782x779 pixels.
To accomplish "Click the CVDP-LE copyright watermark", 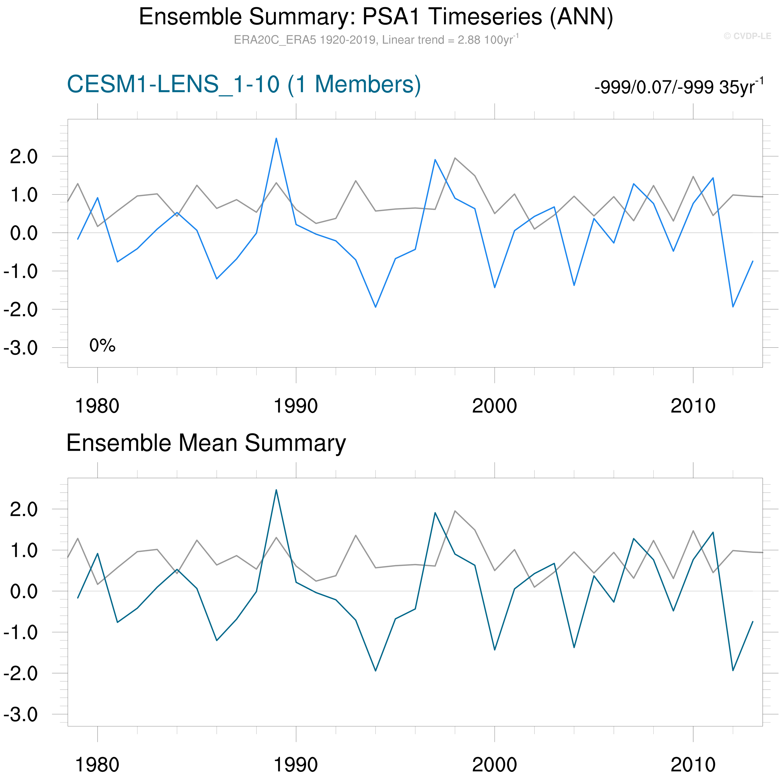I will coord(747,36).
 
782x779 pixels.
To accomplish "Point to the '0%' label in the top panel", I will coord(102,345).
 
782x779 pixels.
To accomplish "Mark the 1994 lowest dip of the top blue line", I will coord(376,307).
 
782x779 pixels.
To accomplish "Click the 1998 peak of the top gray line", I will coord(455,158).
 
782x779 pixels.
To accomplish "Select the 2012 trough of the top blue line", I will coord(733,307).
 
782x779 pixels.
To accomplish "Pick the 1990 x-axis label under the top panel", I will coord(296,406).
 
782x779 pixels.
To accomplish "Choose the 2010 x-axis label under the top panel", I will coord(693,406).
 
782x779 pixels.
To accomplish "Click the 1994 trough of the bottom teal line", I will coord(376,671).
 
